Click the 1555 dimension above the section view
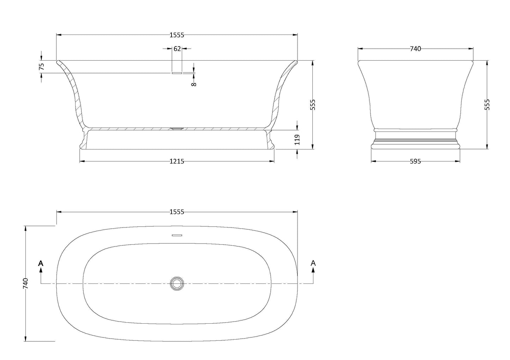tap(177, 35)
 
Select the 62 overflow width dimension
tap(177, 49)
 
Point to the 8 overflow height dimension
tap(194, 84)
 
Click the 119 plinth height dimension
tap(297, 139)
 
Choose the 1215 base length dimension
tap(177, 161)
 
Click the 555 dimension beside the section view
tap(313, 105)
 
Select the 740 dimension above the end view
tap(415, 49)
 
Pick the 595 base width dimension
tap(415, 161)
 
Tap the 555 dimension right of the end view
tap(487, 105)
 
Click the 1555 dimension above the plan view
tap(177, 212)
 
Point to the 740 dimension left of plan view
tap(25, 283)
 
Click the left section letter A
tap(41, 263)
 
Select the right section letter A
tap(313, 263)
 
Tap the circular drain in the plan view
tap(177, 283)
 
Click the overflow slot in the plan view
tap(177, 235)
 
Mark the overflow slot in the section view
tap(177, 73)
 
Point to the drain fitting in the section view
tap(177, 129)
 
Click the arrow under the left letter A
tap(41, 270)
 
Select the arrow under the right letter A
tap(313, 270)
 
